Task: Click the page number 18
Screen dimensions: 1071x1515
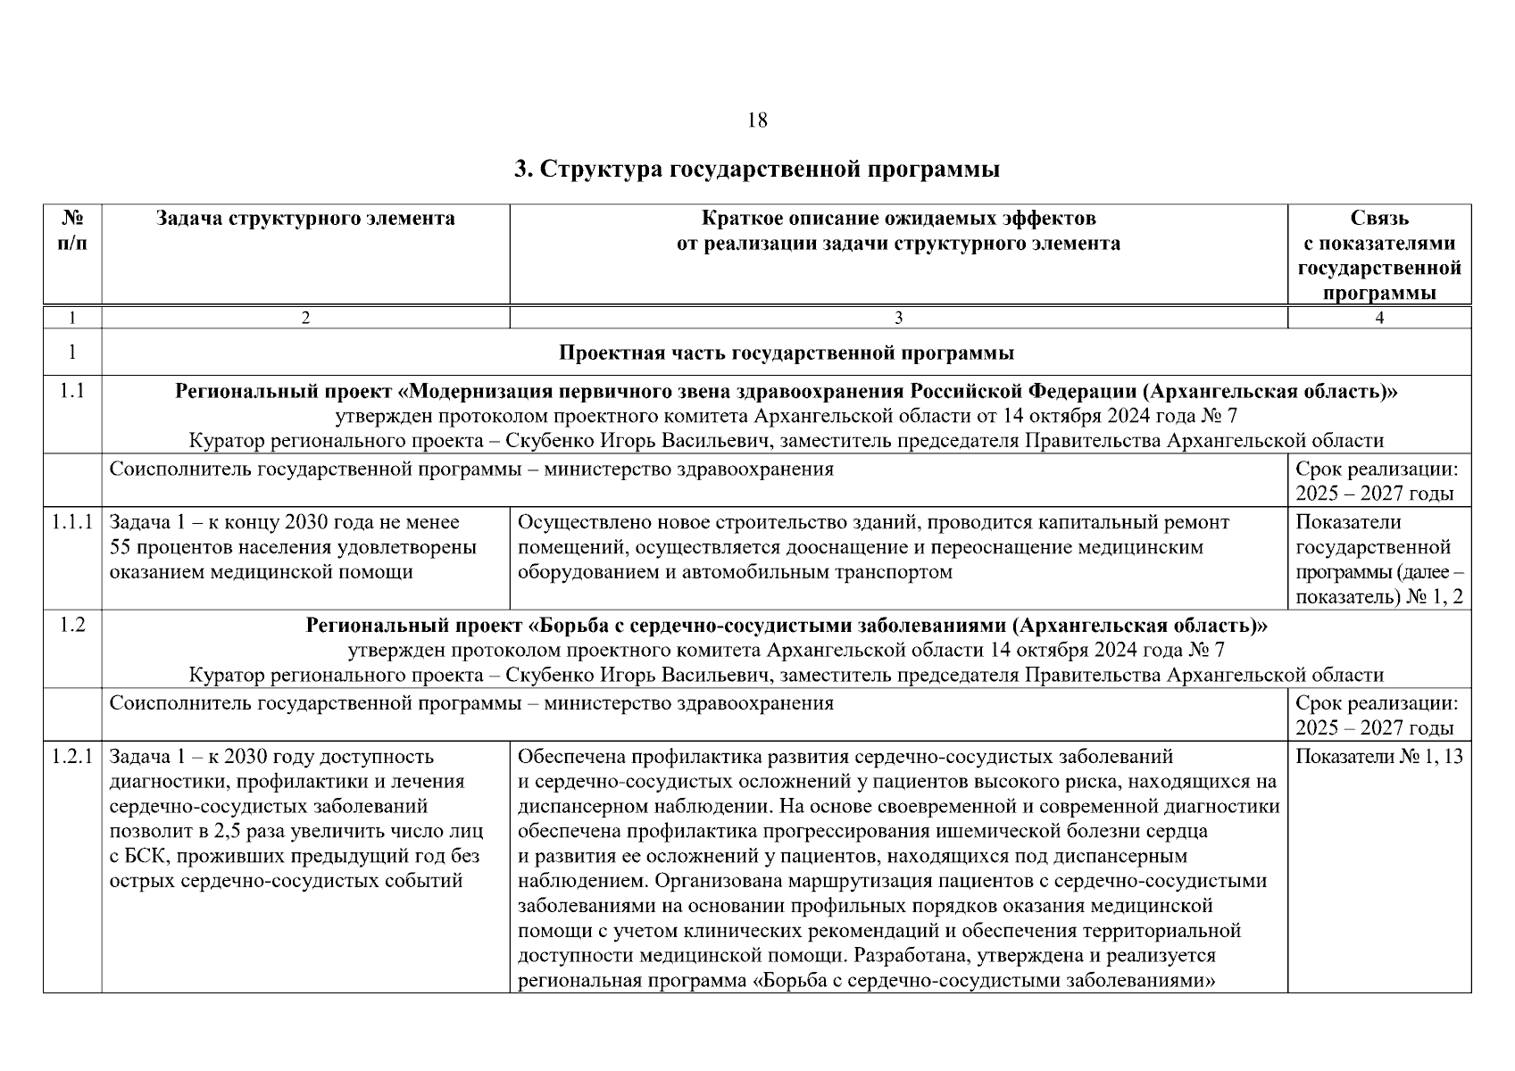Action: (756, 120)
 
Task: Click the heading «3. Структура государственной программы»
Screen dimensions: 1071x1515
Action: (756, 169)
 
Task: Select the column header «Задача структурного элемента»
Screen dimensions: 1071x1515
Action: (305, 219)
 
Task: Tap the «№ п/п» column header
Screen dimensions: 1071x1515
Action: (72, 231)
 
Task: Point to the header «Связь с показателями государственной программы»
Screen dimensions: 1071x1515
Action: (1379, 255)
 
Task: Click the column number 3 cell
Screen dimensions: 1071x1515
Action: (898, 318)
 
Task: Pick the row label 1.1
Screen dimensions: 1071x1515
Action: (72, 391)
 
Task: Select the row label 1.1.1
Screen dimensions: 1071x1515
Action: (72, 522)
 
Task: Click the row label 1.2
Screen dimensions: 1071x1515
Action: (72, 626)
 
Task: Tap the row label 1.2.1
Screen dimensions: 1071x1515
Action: (72, 757)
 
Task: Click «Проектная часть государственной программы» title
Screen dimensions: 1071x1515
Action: (786, 353)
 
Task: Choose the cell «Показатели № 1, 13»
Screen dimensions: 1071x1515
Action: (1378, 757)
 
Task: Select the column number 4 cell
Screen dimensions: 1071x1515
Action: (1379, 318)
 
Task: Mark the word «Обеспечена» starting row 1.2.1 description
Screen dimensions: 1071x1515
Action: (572, 758)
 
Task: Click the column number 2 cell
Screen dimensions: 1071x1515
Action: (305, 318)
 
